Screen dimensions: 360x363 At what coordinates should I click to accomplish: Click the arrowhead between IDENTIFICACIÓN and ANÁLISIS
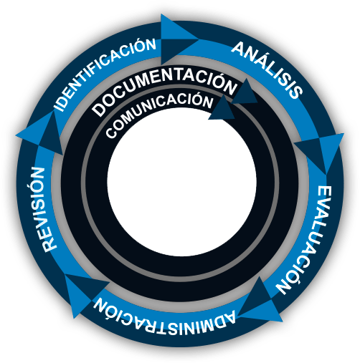click(180, 39)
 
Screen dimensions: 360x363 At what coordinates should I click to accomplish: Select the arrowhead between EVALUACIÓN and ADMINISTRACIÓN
click(260, 302)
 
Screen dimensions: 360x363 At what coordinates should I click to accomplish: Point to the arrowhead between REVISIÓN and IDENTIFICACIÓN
click(42, 134)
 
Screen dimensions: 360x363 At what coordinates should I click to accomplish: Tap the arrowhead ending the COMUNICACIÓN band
click(222, 109)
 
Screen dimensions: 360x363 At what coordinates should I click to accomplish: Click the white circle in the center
click(181, 181)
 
